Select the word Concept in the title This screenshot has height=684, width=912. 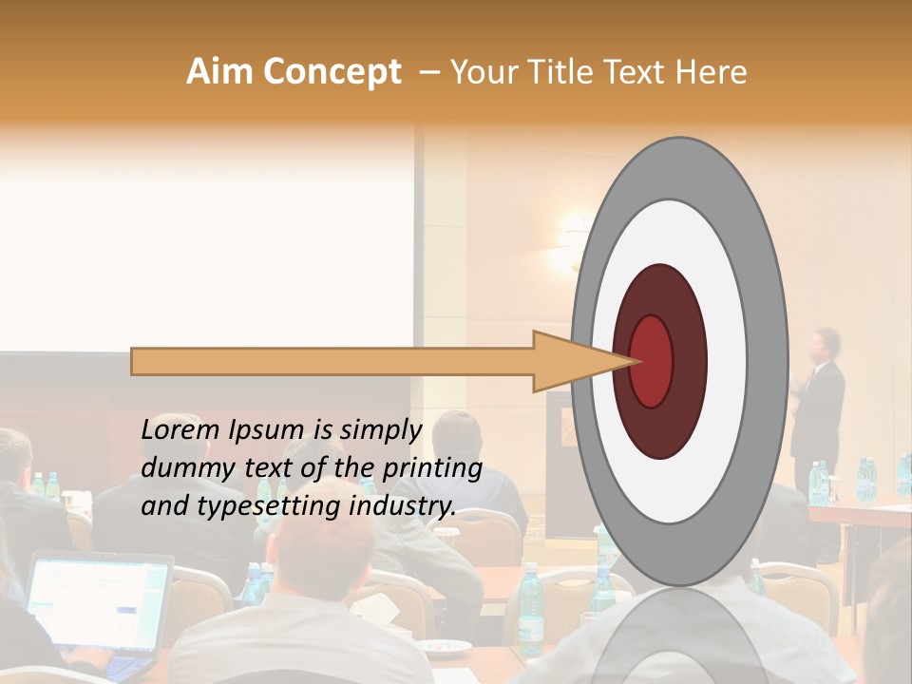332,72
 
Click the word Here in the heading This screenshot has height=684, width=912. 714,72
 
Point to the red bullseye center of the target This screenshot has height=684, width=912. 652,361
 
